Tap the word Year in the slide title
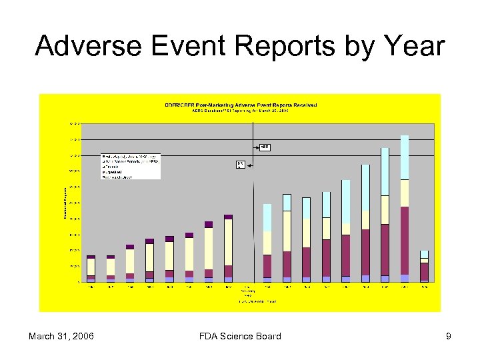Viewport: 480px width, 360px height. click(413, 46)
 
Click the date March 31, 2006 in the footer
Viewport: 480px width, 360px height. click(61, 336)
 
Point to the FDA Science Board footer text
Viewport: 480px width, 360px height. click(239, 336)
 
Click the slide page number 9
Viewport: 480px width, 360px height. click(449, 336)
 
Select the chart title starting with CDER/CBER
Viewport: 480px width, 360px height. click(241, 105)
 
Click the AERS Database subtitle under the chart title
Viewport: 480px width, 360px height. click(241, 111)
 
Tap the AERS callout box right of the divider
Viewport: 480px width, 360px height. click(264, 147)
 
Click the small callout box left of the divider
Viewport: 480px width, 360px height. click(240, 163)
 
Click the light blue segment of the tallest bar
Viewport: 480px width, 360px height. click(405, 157)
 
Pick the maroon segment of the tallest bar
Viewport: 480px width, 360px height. click(405, 240)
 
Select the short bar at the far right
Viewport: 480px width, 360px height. click(424, 266)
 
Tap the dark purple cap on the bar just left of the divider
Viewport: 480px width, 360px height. click(228, 217)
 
